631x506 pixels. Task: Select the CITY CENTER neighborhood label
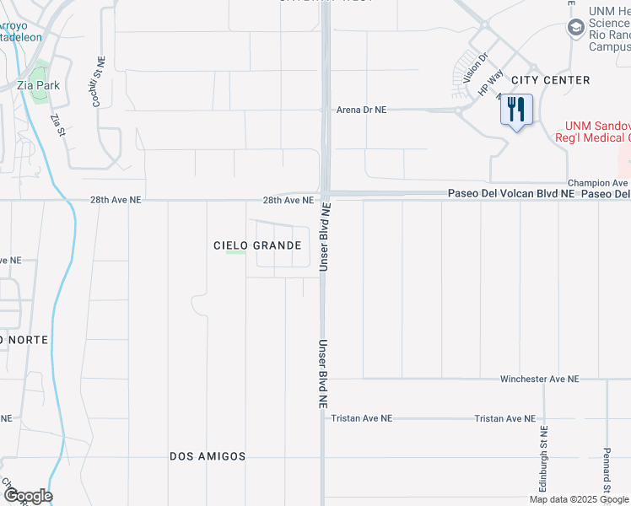tap(551, 80)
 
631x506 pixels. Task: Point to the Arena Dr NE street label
tap(361, 110)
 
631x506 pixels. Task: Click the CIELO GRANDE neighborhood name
tap(257, 245)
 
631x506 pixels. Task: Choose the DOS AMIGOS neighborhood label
tap(208, 456)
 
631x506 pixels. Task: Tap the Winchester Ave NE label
tap(539, 379)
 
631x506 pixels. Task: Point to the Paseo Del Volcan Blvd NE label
tap(510, 194)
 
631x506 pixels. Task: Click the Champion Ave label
tap(598, 182)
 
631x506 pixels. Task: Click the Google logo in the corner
tap(27, 496)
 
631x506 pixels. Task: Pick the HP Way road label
tap(489, 83)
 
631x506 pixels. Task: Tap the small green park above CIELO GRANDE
tap(235, 251)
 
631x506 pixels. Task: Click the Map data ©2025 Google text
tap(579, 499)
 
